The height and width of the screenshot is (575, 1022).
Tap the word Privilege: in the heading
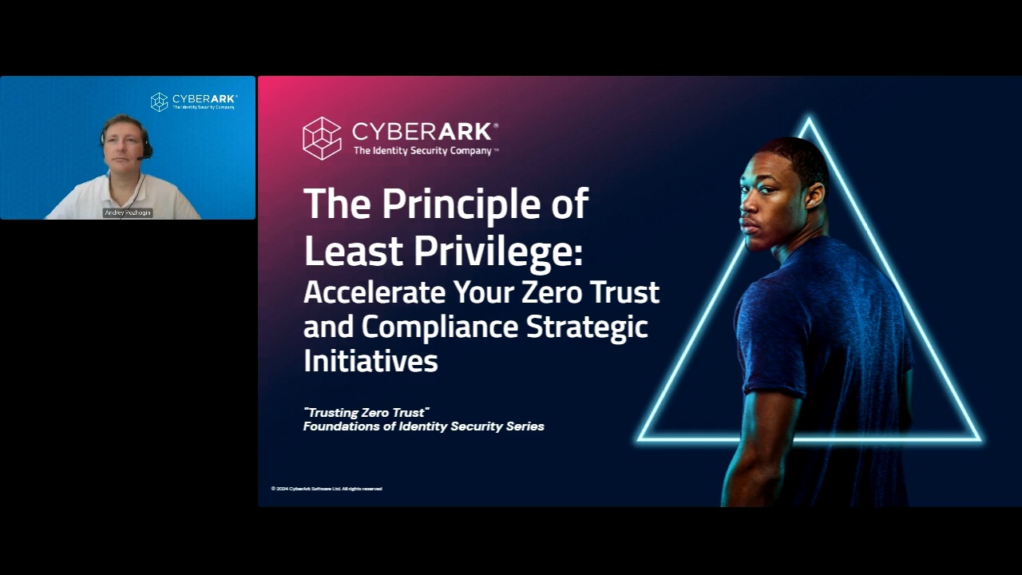point(498,251)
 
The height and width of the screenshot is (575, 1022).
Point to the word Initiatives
point(370,361)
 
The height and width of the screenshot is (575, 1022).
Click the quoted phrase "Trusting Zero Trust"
point(366,412)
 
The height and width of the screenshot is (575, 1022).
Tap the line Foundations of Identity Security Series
point(423,426)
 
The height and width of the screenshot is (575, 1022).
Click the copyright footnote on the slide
point(327,489)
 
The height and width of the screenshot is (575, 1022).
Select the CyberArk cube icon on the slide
point(322,138)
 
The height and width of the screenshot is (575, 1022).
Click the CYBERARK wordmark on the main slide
point(425,131)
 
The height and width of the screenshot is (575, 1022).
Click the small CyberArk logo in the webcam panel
point(194,101)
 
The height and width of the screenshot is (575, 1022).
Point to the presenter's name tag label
point(128,213)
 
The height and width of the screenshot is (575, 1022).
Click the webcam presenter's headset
point(146,150)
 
